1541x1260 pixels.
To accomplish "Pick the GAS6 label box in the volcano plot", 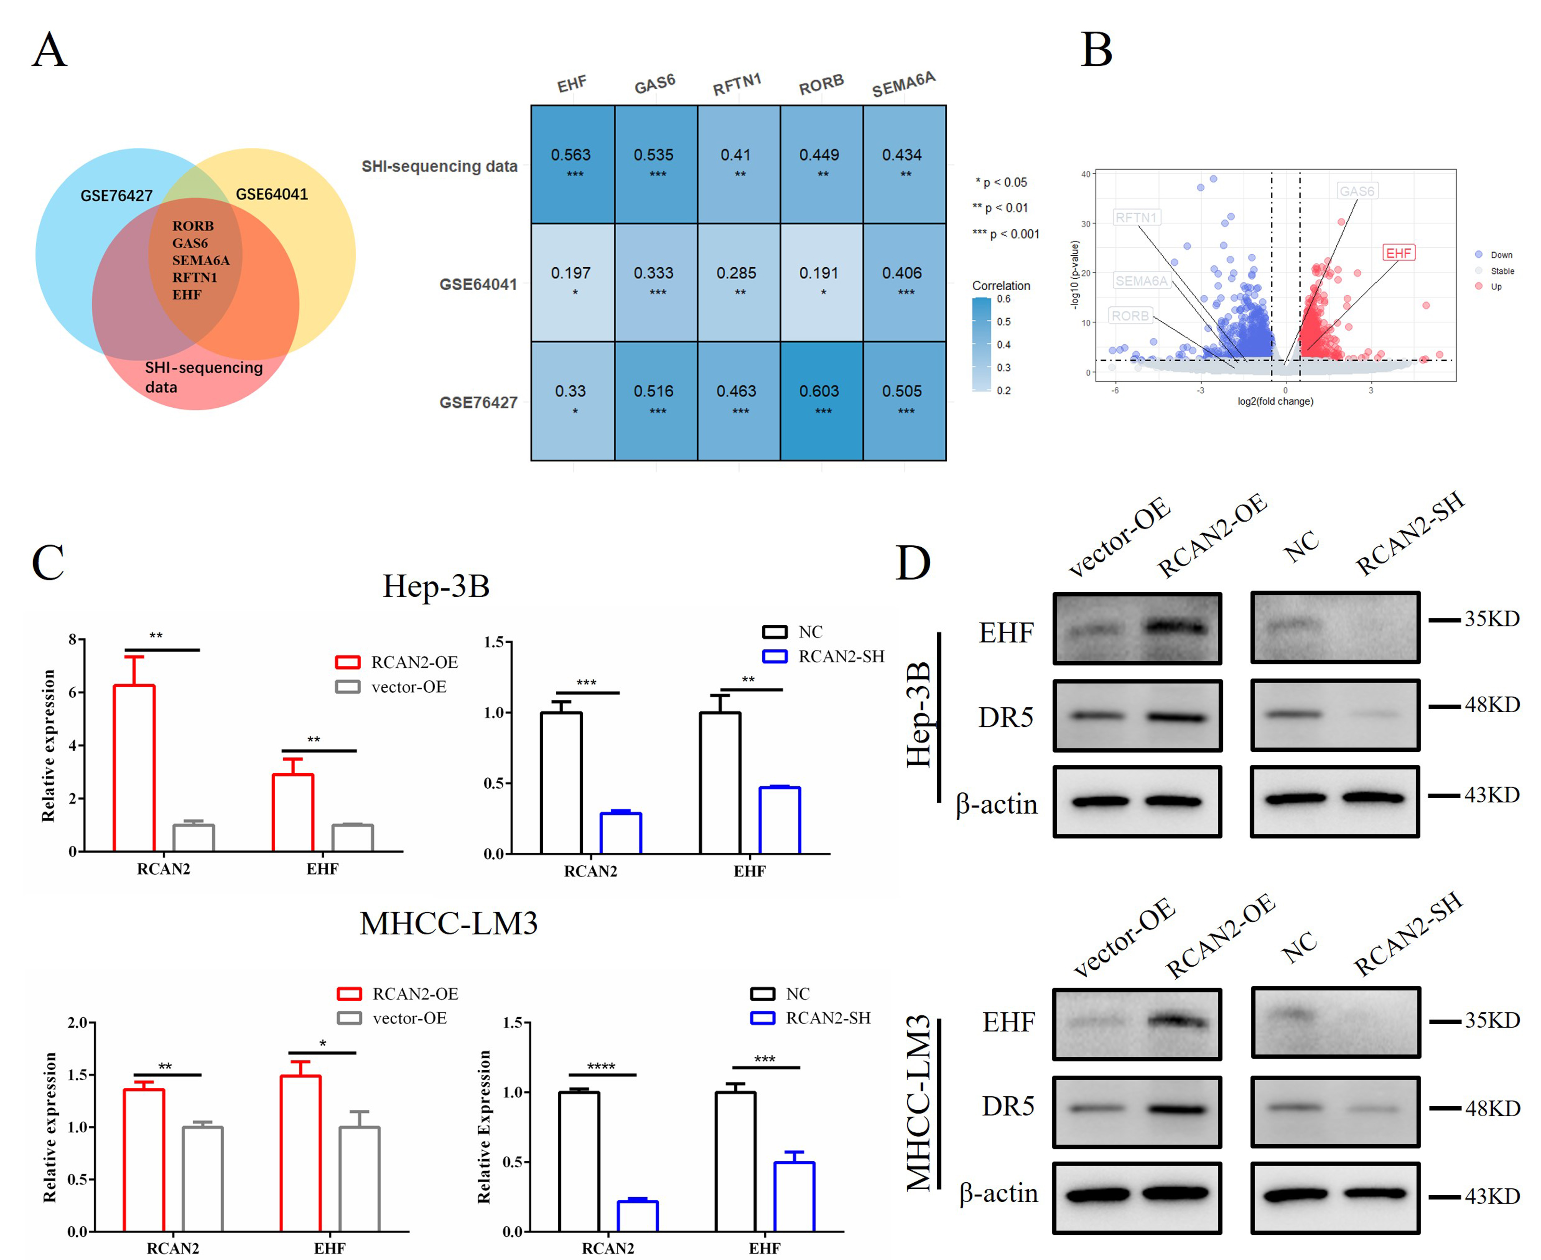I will (x=1356, y=191).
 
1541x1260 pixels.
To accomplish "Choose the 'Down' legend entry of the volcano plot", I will (x=1500, y=255).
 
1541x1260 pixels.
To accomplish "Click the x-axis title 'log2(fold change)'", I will (x=1275, y=402).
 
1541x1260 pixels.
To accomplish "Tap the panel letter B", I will (x=1096, y=51).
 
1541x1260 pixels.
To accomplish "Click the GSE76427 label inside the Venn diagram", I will (x=116, y=196).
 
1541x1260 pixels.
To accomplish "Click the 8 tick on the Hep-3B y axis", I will (x=73, y=639).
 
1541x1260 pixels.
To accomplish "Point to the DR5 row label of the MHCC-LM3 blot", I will (x=1008, y=1106).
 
